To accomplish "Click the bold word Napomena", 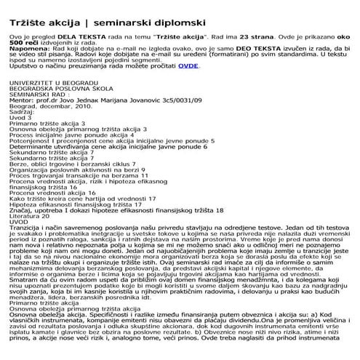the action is (x=25, y=51).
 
